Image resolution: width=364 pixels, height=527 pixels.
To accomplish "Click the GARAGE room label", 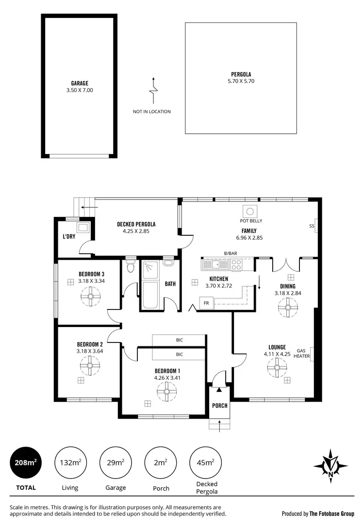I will (x=80, y=83).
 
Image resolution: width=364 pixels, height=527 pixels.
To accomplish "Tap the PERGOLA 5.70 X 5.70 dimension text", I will (x=241, y=81).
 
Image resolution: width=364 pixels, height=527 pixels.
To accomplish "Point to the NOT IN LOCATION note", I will (x=152, y=111).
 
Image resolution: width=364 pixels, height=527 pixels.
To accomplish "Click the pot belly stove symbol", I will (x=250, y=211).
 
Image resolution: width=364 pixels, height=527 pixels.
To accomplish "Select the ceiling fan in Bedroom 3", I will (x=90, y=296).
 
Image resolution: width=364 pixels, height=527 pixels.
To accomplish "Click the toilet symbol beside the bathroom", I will (x=130, y=267).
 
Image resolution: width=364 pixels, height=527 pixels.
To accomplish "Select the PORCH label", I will (x=220, y=405).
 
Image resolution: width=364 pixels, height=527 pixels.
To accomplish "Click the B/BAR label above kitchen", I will (x=230, y=253).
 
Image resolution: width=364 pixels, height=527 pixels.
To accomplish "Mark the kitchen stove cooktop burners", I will (x=236, y=264).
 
